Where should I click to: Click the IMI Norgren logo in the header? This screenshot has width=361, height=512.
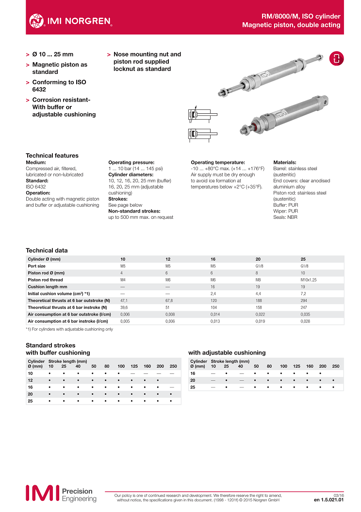pos(70,20)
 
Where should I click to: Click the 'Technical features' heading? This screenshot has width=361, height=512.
pos(52,156)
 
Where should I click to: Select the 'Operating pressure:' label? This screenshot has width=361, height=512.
pos(131,162)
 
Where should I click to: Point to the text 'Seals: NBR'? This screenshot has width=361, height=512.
pos(285,217)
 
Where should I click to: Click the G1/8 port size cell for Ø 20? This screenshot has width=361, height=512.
pos(260,266)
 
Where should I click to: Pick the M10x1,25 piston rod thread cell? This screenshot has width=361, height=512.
pos(309,280)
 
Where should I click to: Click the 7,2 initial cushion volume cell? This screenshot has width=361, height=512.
pos(304,294)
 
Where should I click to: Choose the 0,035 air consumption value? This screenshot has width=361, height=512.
pos(305,315)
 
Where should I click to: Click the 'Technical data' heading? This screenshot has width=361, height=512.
pos(47,250)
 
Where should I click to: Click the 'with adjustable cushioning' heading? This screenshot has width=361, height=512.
pos(227,353)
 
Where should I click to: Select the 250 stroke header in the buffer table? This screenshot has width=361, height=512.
pos(173,366)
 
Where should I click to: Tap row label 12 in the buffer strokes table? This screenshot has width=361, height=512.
pos(30,380)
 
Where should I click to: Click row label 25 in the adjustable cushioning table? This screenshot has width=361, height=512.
pos(193,387)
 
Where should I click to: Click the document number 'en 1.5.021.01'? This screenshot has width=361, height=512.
pos(328,499)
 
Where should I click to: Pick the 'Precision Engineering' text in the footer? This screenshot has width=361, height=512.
pos(79,495)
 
